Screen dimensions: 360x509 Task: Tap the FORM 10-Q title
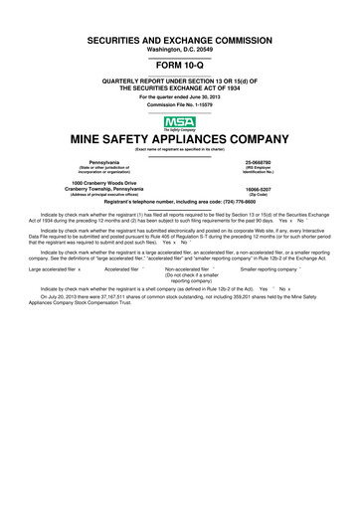[x=180, y=65]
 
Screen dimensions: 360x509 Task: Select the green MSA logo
[x=180, y=122]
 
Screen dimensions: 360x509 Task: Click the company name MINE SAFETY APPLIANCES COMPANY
[x=180, y=139]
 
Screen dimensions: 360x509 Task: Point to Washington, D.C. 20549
[x=180, y=49]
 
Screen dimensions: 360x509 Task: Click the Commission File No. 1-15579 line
[x=180, y=103]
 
